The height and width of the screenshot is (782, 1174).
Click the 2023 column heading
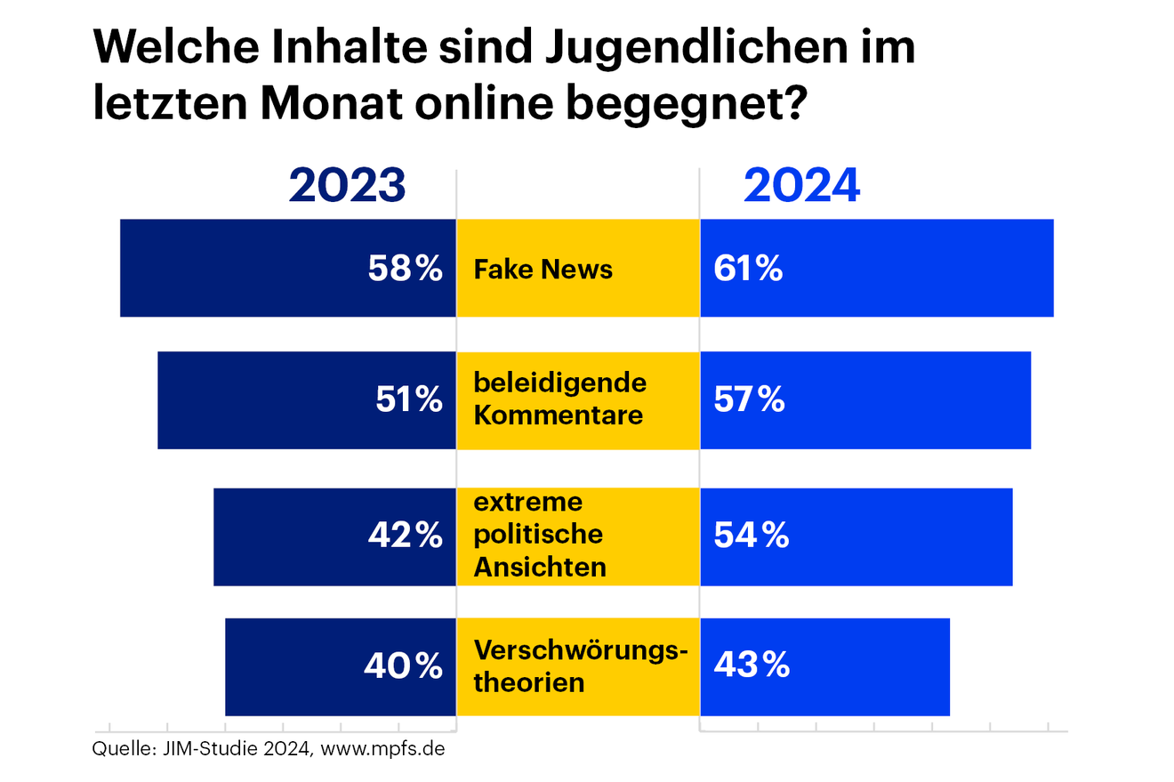pos(347,187)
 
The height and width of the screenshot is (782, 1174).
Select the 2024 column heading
pos(802,187)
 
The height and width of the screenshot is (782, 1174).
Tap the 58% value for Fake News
pos(405,268)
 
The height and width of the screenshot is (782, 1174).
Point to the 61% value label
pos(748,268)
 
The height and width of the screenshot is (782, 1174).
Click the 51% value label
pos(407,400)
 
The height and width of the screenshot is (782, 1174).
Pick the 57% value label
pos(749,400)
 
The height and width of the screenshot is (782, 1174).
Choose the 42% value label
pos(405,536)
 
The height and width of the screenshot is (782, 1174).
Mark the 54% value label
pos(751,536)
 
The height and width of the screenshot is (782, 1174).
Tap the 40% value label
pos(403,665)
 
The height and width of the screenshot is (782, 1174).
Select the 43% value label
pos(751,665)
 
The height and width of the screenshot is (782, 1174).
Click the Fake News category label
pos(543,269)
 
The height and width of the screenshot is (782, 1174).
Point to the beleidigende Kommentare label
pos(559,399)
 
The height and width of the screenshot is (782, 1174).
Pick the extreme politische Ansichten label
pos(540,535)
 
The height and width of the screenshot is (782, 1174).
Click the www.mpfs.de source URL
pos(382,749)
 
